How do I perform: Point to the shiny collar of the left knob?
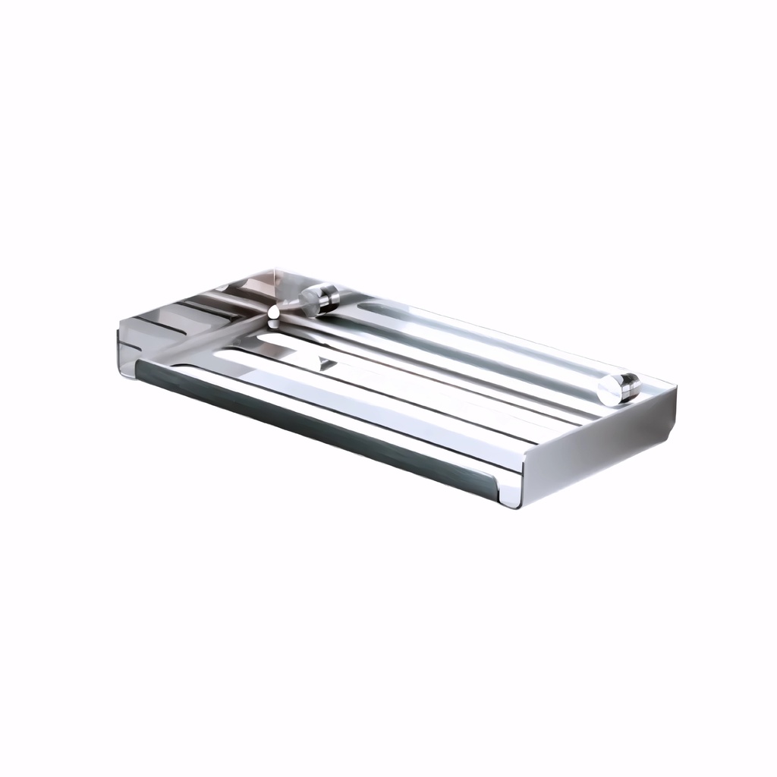point(328,297)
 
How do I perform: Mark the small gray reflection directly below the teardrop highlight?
point(274,324)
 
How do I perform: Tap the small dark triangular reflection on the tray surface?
point(326,363)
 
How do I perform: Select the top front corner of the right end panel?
point(523,455)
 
